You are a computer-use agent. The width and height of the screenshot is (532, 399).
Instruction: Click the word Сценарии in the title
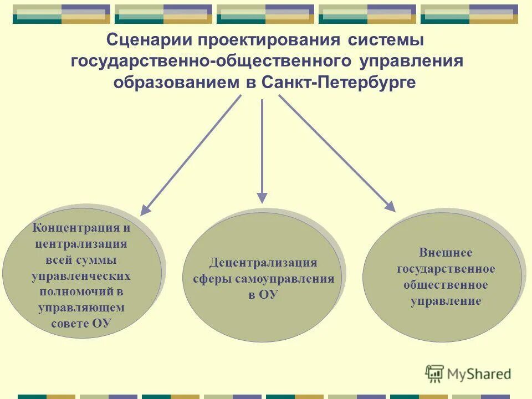tap(146, 40)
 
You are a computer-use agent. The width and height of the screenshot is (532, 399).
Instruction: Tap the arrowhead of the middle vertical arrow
tap(262, 198)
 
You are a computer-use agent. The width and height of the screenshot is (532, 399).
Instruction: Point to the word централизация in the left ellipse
tap(81, 244)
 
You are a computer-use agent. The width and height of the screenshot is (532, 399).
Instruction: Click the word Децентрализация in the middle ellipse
tap(263, 263)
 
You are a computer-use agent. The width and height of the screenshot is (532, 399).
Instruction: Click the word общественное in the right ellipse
tap(446, 285)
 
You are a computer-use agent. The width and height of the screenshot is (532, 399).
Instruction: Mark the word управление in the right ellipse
tap(446, 301)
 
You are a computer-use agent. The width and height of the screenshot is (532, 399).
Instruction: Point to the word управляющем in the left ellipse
tap(81, 308)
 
